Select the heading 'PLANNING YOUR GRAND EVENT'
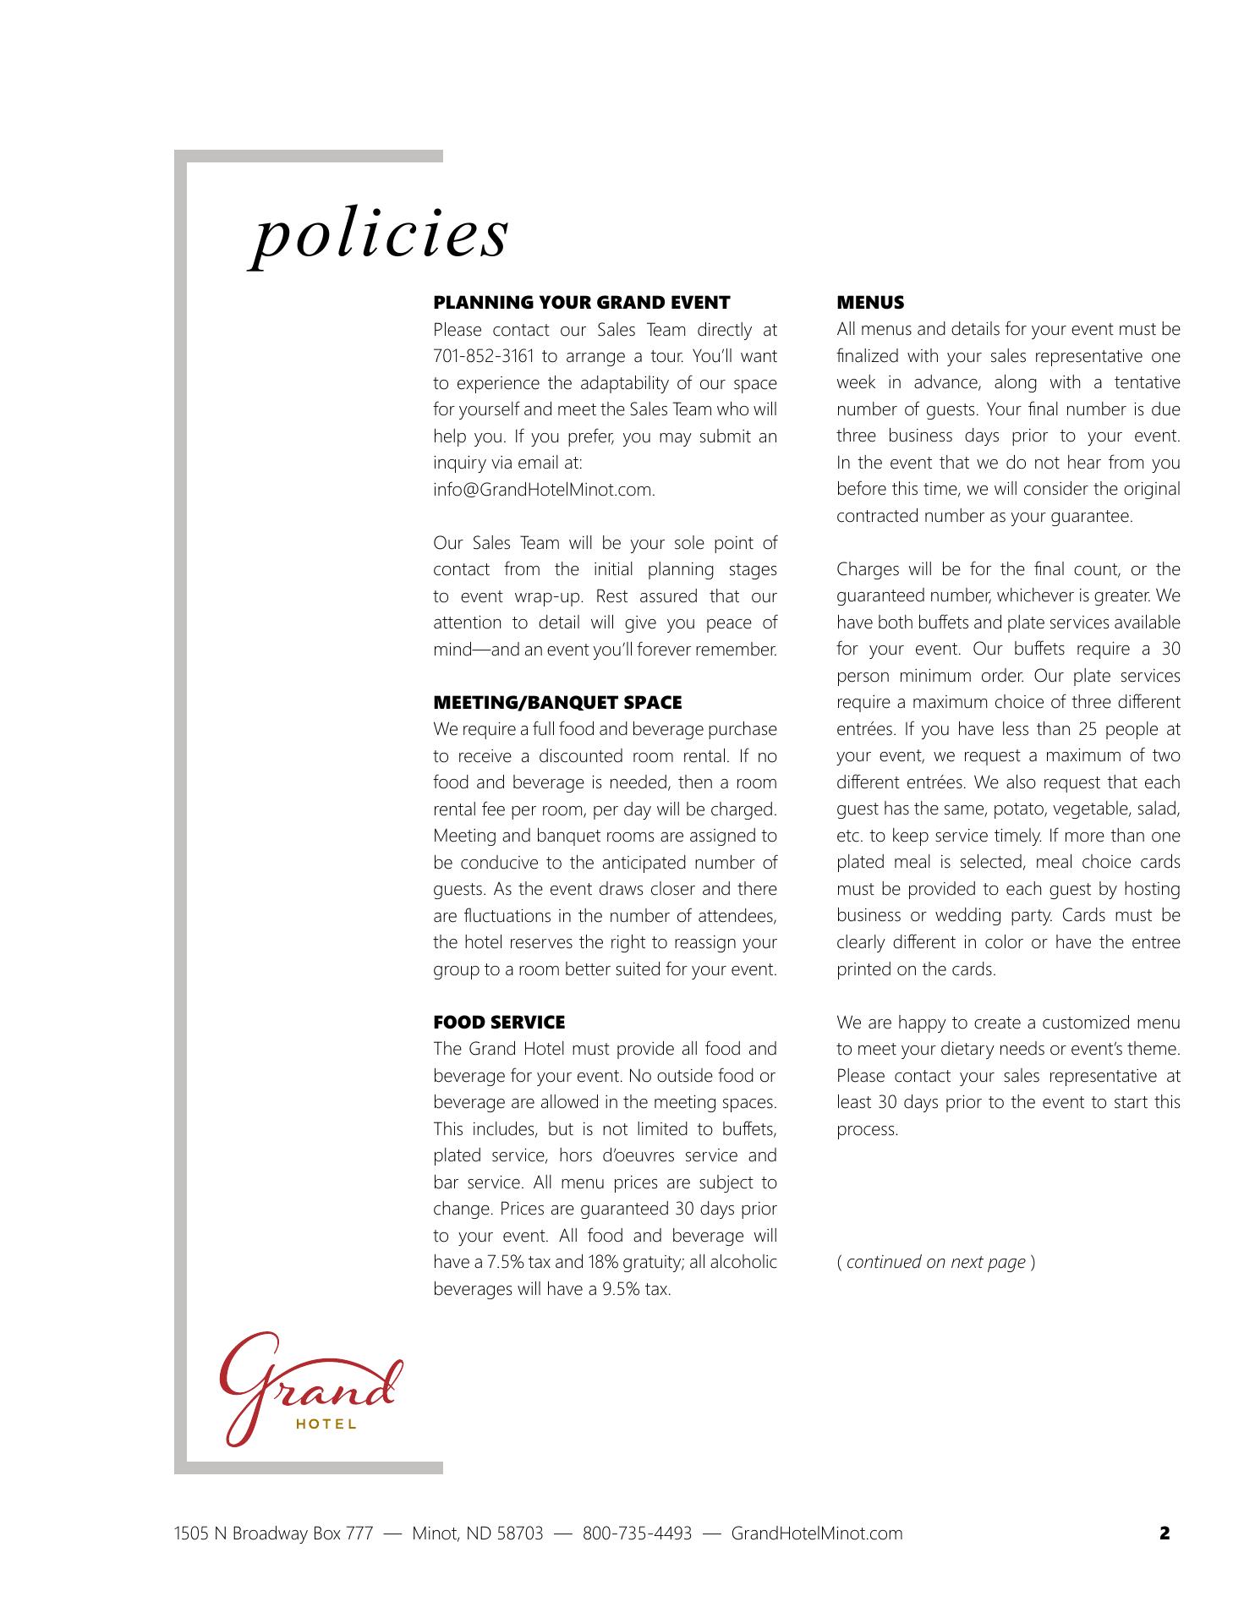pyautogui.click(x=581, y=303)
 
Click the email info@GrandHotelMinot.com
pyautogui.click(x=544, y=490)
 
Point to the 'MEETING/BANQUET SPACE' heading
pyautogui.click(x=557, y=703)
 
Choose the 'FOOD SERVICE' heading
pyautogui.click(x=499, y=1023)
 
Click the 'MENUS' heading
pyautogui.click(x=870, y=303)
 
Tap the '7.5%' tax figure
pyautogui.click(x=504, y=1263)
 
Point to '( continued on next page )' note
pyautogui.click(x=935, y=1263)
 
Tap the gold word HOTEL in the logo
pyautogui.click(x=326, y=1424)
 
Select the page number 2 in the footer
pyautogui.click(x=1165, y=1533)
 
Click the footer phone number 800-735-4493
pyautogui.click(x=637, y=1533)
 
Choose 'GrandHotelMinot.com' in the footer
pyautogui.click(x=816, y=1533)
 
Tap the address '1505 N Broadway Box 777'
pyautogui.click(x=273, y=1533)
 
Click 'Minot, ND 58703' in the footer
pyautogui.click(x=477, y=1533)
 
